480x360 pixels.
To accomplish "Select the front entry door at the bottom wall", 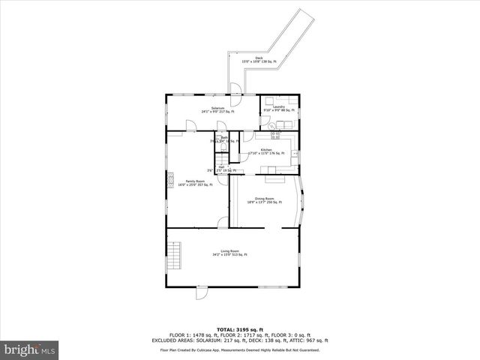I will coord(202,292).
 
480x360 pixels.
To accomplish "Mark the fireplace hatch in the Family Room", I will coord(170,181).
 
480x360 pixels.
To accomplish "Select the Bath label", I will coord(224,139).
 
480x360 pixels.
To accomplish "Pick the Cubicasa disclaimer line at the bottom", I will coord(240,349).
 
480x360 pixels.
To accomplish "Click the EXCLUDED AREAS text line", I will coord(240,340).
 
